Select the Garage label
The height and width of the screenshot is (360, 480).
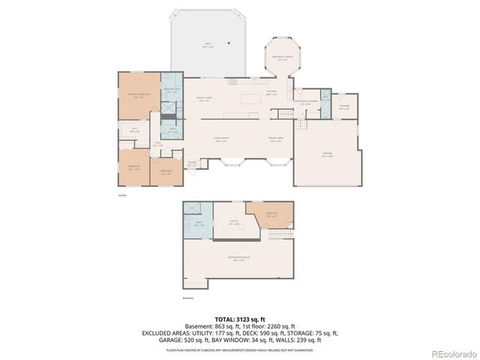click(327, 156)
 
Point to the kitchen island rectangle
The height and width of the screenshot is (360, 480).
click(251, 98)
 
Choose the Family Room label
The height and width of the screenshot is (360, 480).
click(202, 98)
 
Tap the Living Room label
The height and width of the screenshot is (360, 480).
click(220, 140)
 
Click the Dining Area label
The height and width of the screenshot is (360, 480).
click(274, 140)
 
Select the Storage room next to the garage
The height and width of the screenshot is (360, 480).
click(344, 107)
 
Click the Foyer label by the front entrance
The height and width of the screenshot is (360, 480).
click(192, 163)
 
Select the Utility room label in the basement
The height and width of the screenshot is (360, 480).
click(233, 223)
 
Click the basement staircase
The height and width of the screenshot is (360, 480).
click(279, 235)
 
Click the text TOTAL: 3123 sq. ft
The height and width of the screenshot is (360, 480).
click(241, 319)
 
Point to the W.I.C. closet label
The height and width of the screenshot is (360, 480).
click(135, 130)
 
